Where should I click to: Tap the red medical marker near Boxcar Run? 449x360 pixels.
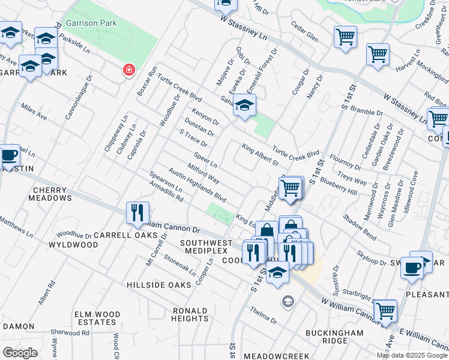[128, 70]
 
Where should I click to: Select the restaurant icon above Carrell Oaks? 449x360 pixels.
[137, 212]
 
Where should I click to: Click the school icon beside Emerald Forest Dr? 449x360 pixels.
[244, 106]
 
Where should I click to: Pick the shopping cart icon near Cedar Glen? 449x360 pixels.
[345, 37]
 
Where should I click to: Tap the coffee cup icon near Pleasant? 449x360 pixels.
[412, 268]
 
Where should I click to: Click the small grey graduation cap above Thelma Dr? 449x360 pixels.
[288, 301]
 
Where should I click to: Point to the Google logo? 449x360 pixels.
[20, 353]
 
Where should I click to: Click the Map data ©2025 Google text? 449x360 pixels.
[412, 355]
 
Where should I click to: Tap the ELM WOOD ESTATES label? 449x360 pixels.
[98, 318]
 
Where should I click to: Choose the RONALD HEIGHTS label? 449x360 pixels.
[190, 314]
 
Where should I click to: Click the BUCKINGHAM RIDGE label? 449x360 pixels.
[334, 337]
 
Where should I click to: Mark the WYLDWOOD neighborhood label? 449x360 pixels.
[73, 245]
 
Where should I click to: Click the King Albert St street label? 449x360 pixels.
[260, 155]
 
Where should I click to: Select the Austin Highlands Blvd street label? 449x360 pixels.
[197, 184]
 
